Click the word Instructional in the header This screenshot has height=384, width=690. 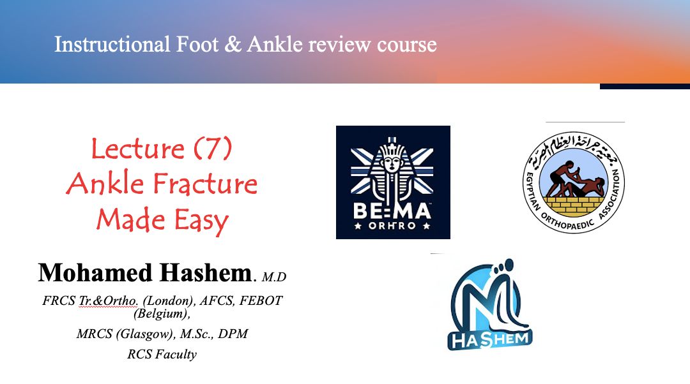pyautogui.click(x=112, y=45)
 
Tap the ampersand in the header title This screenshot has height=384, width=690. pyautogui.click(x=233, y=45)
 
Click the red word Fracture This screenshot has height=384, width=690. pyautogui.click(x=205, y=184)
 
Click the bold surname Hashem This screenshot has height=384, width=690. pyautogui.click(x=205, y=272)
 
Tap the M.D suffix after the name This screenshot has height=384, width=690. pyautogui.click(x=273, y=277)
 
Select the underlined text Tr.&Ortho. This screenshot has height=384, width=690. pyautogui.click(x=108, y=300)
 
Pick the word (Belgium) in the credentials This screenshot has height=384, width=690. pyautogui.click(x=162, y=314)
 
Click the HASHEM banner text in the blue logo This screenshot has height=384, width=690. pyautogui.click(x=490, y=339)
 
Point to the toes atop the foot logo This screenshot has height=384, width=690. pyautogui.click(x=502, y=269)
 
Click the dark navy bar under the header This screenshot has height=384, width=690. pyautogui.click(x=645, y=86)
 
